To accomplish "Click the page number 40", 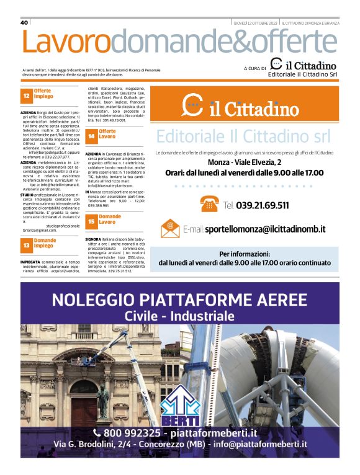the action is (25, 22).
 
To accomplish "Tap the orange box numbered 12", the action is (26, 96).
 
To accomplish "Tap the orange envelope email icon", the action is (169, 229).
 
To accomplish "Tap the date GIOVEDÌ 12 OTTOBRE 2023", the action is (255, 23).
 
